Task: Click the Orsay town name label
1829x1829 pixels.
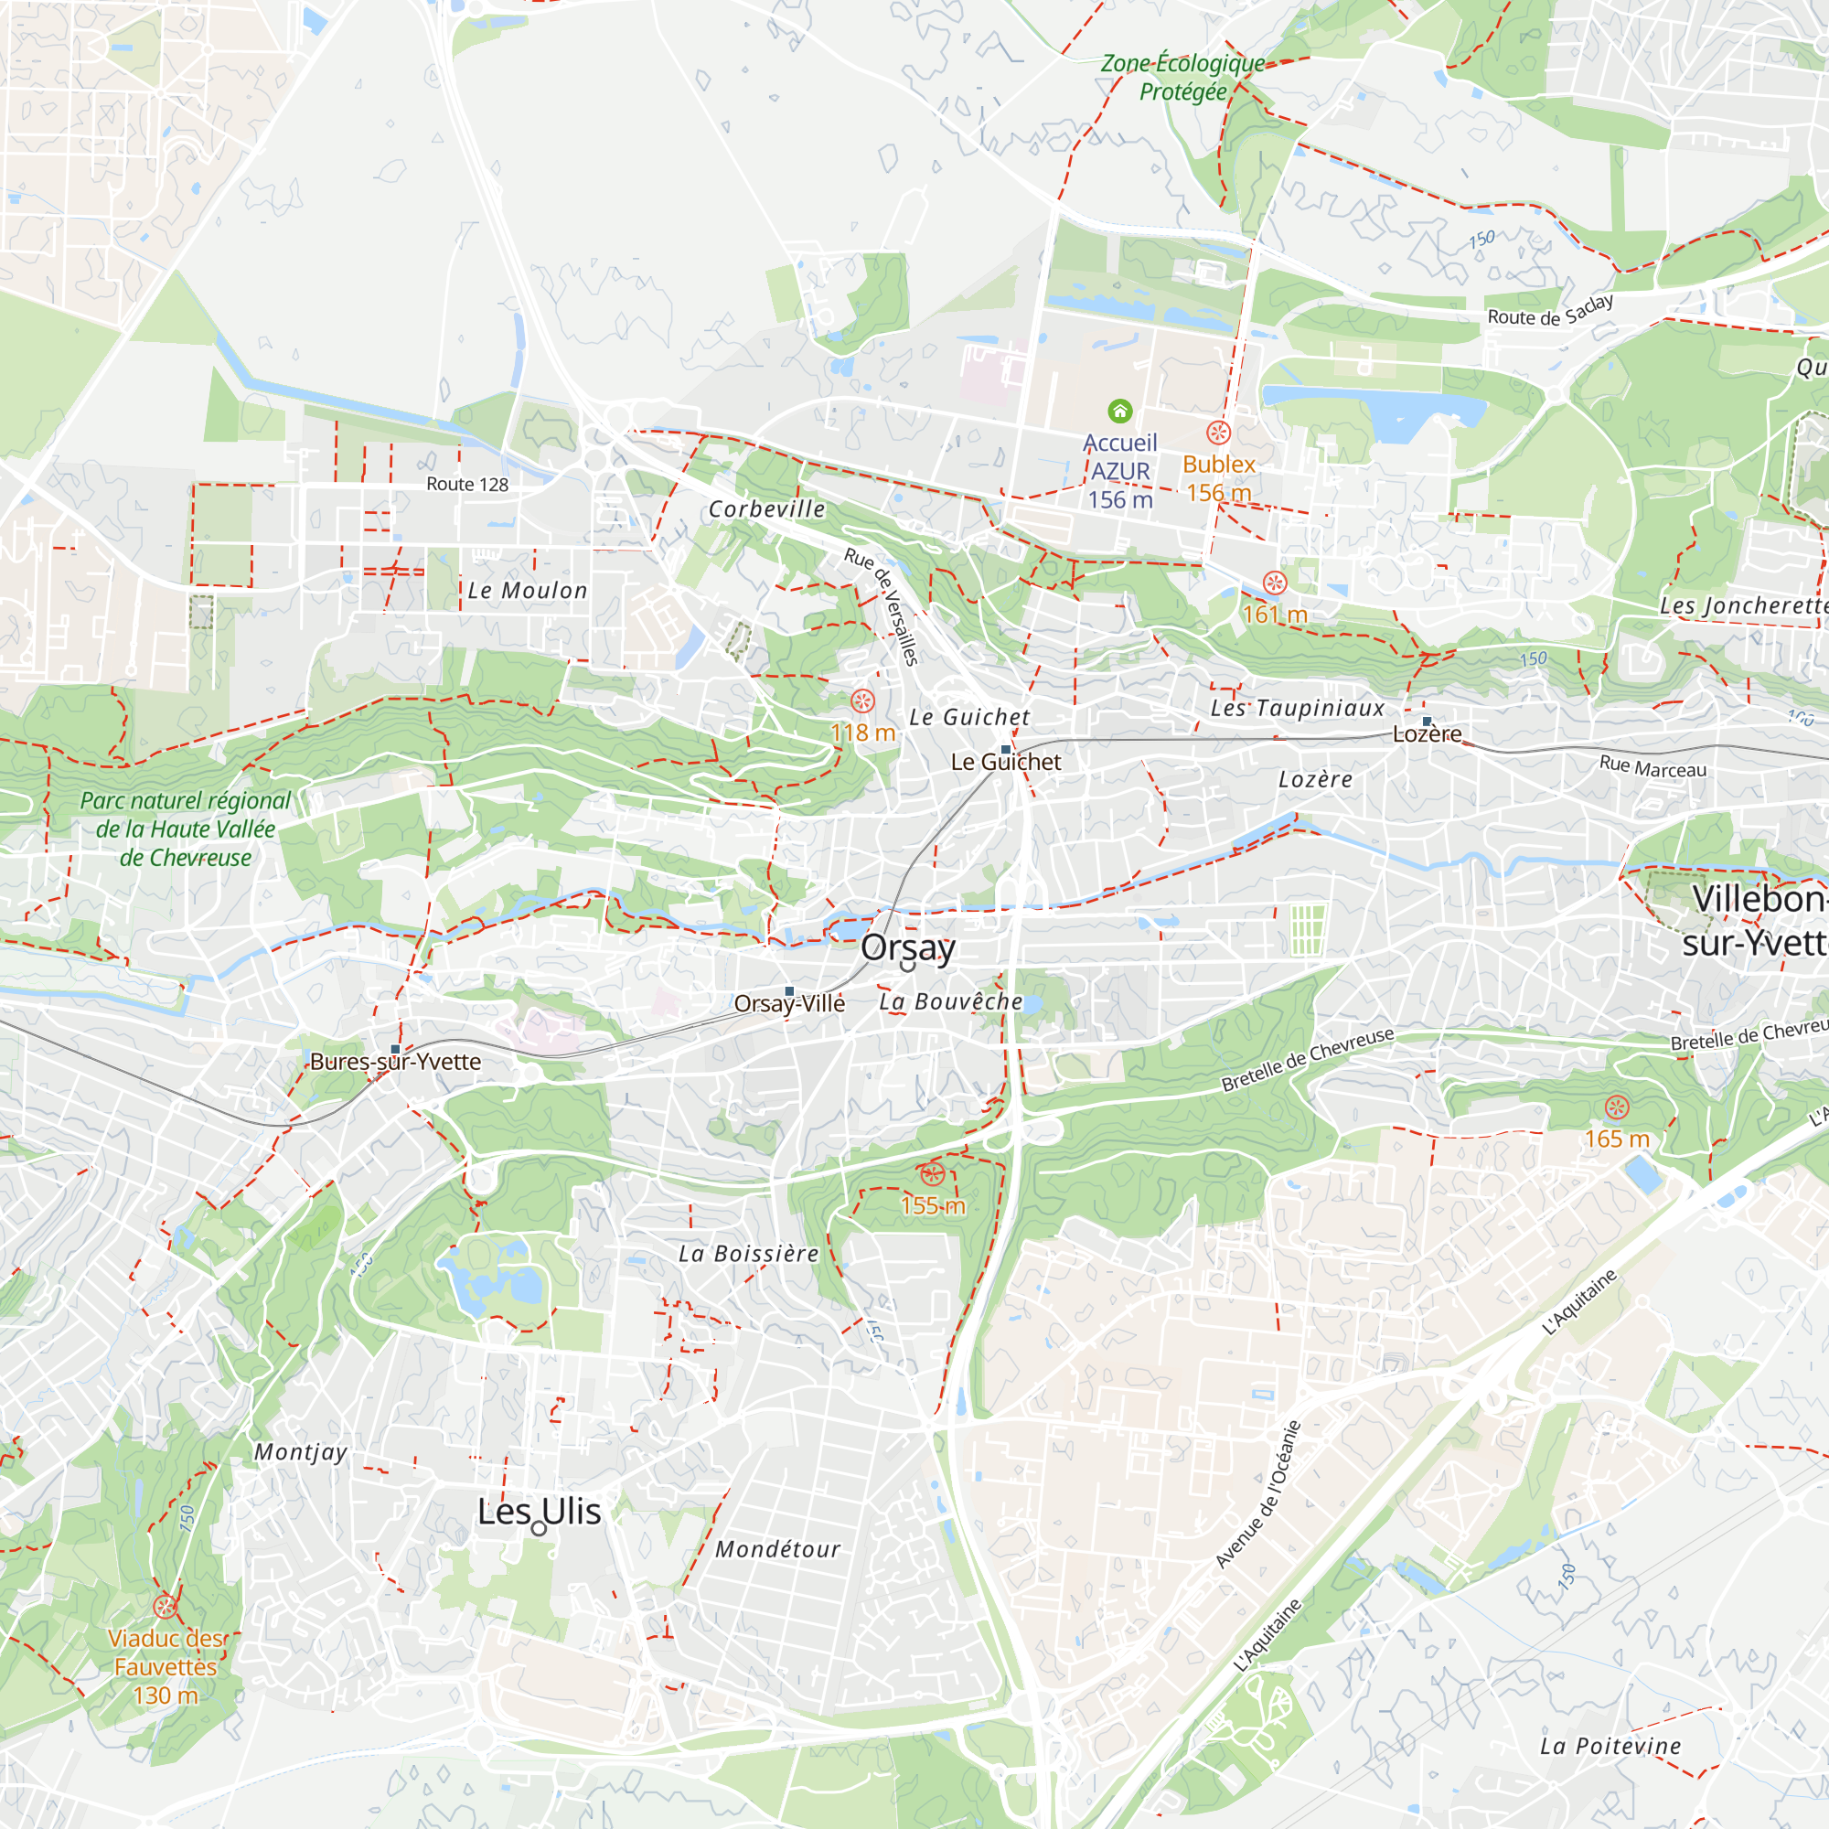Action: pos(907,947)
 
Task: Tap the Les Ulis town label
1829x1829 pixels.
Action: pos(539,1511)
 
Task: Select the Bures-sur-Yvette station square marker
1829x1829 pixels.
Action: pos(396,1049)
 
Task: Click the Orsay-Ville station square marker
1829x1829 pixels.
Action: pos(789,991)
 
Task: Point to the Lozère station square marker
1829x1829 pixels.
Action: pos(1427,722)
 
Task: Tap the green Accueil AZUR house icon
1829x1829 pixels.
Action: pos(1120,411)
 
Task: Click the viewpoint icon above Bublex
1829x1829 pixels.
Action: pos(1218,433)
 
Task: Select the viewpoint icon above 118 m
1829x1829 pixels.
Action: pos(862,701)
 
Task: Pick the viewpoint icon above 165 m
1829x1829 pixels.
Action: pos(1617,1107)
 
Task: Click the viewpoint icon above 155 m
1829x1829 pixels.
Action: pos(933,1175)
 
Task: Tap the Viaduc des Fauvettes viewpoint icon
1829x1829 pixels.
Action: pos(165,1607)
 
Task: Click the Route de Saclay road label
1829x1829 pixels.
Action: pos(1550,311)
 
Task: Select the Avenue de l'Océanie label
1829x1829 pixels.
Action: pos(1258,1494)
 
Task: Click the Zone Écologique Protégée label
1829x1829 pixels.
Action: pos(1182,78)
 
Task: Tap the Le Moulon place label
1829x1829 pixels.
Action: pos(528,591)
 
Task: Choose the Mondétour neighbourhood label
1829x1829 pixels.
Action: pos(777,1549)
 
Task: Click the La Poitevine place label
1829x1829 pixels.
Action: pos(1610,1746)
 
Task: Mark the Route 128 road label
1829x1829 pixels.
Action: pos(466,485)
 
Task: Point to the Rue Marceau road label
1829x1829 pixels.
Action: pos(1653,767)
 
